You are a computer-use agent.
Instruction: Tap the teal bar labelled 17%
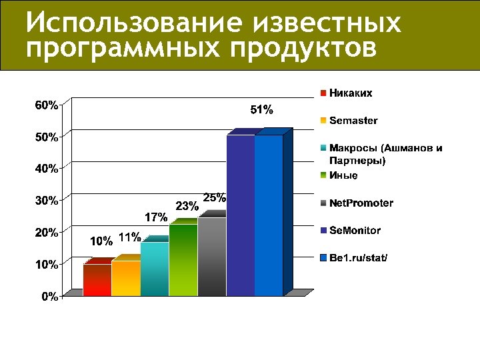pos(154,269)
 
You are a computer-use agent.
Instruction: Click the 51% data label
pos(261,109)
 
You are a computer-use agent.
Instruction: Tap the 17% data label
pos(155,217)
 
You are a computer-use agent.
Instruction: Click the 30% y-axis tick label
pos(46,200)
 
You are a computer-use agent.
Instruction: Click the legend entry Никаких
pos(350,93)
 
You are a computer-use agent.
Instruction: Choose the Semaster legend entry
pos(353,121)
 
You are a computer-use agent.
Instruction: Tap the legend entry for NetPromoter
pos(361,203)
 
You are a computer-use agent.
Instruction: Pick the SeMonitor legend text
pos(355,230)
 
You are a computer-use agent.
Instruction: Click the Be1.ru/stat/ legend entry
pos(358,257)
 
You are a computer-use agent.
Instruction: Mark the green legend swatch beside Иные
pos(323,175)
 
